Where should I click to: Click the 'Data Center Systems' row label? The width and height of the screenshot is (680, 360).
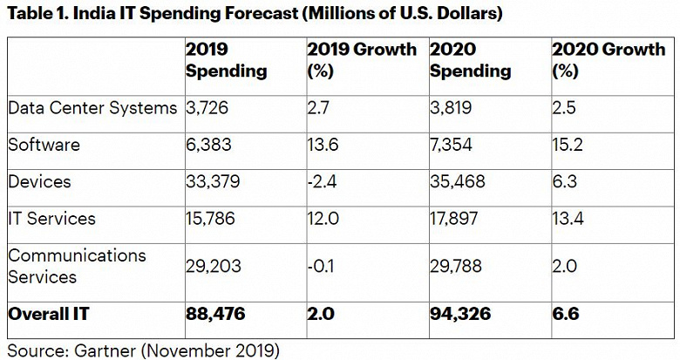(91, 107)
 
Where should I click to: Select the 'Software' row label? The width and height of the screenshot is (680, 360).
(44, 144)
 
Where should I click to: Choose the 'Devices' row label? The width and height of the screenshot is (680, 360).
(39, 181)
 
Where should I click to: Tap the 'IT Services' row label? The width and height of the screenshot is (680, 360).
(51, 219)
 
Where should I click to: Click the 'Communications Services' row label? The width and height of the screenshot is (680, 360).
(76, 266)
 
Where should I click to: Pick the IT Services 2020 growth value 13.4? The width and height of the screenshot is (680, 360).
(568, 219)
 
